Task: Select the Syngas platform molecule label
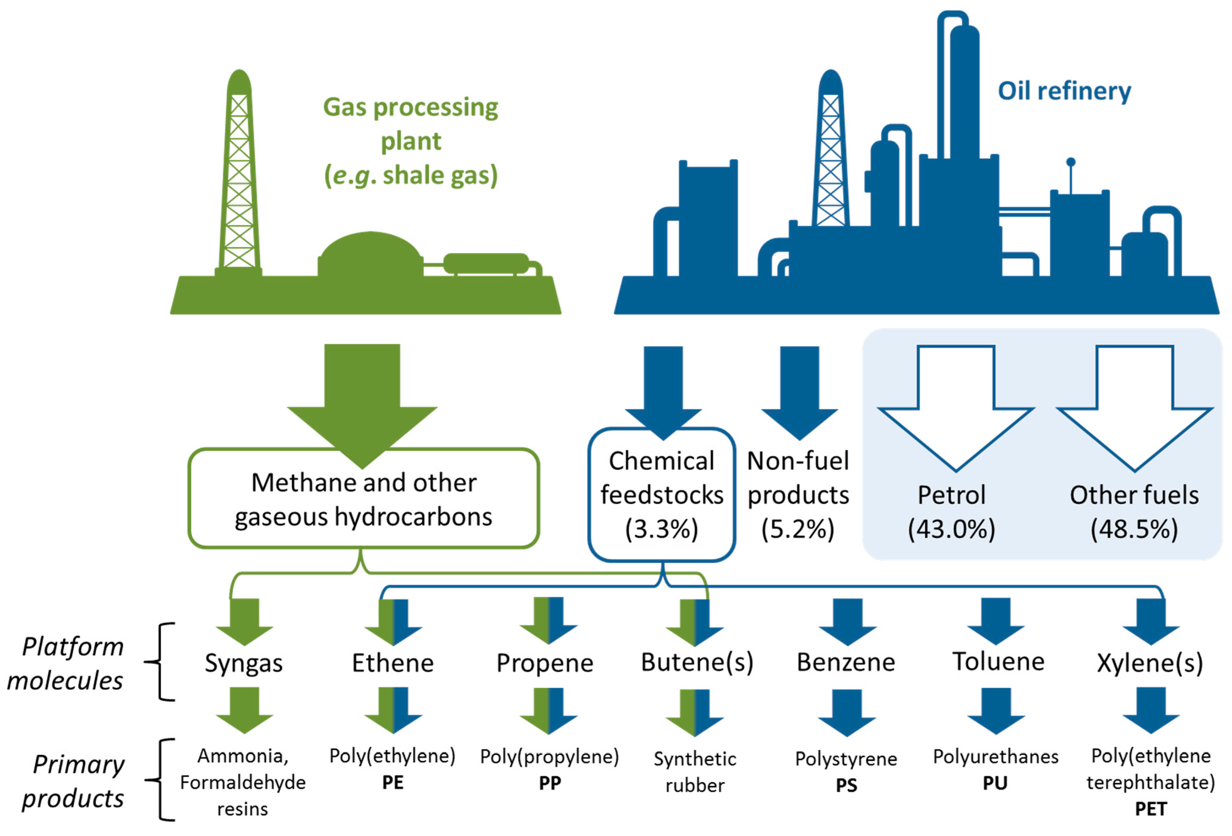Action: [244, 663]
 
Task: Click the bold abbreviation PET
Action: [1150, 809]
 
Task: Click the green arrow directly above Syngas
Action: [244, 621]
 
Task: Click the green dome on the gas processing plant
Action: [370, 254]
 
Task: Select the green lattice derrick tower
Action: [239, 175]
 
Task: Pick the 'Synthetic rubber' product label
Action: [695, 772]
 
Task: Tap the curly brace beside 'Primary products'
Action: [162, 779]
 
